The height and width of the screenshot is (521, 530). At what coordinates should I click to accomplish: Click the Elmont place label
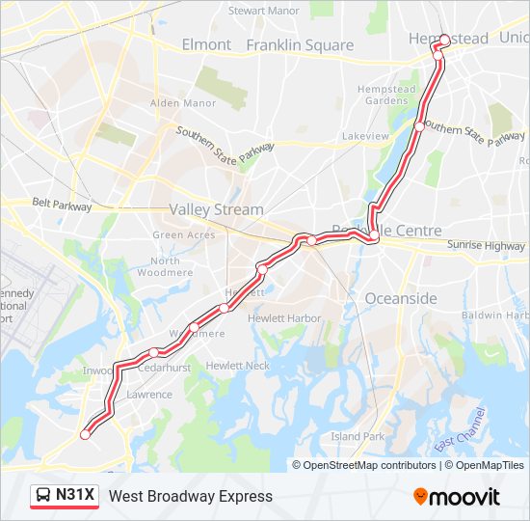click(207, 44)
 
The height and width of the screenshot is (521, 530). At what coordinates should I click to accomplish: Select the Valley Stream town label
click(216, 209)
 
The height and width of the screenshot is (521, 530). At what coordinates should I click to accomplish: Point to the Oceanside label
click(400, 299)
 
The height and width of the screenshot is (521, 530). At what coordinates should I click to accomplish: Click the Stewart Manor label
click(264, 12)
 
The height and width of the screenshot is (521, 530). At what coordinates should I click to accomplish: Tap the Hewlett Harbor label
click(284, 318)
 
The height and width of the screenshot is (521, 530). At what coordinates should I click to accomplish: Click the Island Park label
click(358, 436)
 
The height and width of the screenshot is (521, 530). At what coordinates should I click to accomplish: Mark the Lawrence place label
click(149, 395)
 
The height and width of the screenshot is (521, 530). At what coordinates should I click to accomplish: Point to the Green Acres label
click(184, 235)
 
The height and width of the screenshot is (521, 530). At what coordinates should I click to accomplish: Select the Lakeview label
click(365, 136)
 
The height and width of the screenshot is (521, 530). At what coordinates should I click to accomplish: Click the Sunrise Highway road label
click(486, 246)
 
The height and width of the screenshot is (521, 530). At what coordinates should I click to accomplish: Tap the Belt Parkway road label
click(62, 206)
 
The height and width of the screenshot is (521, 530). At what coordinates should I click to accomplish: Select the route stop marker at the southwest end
click(85, 435)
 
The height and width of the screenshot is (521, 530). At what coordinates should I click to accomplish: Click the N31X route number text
click(75, 496)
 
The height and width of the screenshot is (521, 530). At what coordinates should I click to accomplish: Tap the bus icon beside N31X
click(44, 496)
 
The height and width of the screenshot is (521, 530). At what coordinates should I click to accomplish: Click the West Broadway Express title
click(191, 496)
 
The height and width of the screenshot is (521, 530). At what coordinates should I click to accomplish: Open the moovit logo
click(457, 497)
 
